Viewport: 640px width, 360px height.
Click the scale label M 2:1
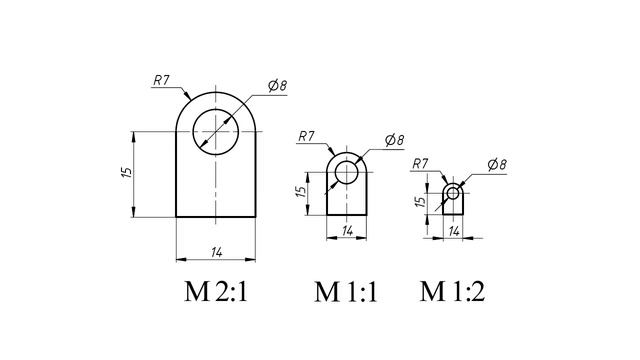pyautogui.click(x=216, y=291)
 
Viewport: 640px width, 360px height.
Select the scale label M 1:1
pyautogui.click(x=346, y=291)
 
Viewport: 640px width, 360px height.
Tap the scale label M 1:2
pyautogui.click(x=452, y=291)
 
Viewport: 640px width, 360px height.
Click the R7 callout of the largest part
pyautogui.click(x=161, y=80)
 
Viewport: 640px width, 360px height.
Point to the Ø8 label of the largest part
pyautogui.click(x=278, y=86)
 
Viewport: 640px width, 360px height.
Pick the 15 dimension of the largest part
pyautogui.click(x=127, y=172)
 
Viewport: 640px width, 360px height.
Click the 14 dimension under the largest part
pyautogui.click(x=217, y=253)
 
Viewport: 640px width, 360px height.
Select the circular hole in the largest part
pyautogui.click(x=216, y=109)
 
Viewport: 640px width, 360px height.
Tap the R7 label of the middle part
pyautogui.click(x=307, y=136)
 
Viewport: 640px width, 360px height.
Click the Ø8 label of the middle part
pyautogui.click(x=394, y=140)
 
